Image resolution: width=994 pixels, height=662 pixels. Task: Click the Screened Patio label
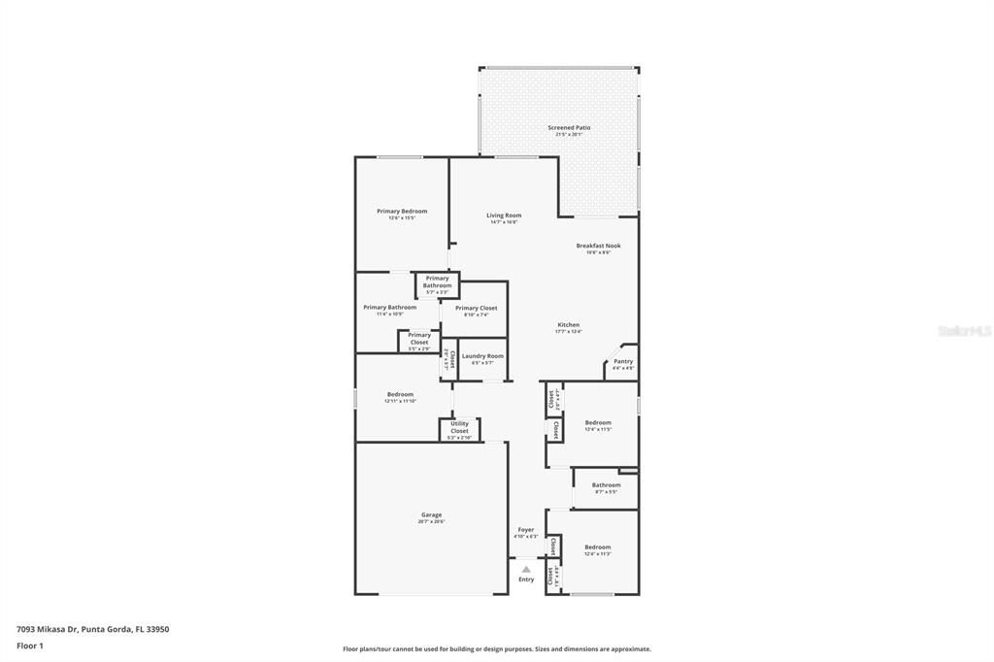coord(569,127)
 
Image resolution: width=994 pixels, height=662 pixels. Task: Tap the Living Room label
coord(504,215)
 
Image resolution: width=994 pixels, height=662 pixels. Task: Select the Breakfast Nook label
coord(598,246)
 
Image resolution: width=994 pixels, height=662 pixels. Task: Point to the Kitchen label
coord(568,324)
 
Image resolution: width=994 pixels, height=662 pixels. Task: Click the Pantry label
coord(622,361)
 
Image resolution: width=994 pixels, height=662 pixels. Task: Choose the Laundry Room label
coord(482,356)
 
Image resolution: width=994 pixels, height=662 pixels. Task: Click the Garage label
coord(431,514)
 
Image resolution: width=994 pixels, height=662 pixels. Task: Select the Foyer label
coord(525,530)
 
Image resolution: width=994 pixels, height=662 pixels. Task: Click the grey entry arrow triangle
coord(525,569)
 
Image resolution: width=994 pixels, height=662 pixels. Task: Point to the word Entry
coord(525,579)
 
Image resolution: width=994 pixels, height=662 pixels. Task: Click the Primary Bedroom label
coord(402,211)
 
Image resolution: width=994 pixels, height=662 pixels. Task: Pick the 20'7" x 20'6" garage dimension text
coord(431,522)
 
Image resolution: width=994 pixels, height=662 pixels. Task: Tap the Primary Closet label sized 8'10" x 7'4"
coord(476,308)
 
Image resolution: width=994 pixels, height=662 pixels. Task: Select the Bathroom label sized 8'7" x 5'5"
coord(606,484)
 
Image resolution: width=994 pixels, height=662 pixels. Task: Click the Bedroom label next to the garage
coord(400,394)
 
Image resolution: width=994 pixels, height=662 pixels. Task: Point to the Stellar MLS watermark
coord(964,331)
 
